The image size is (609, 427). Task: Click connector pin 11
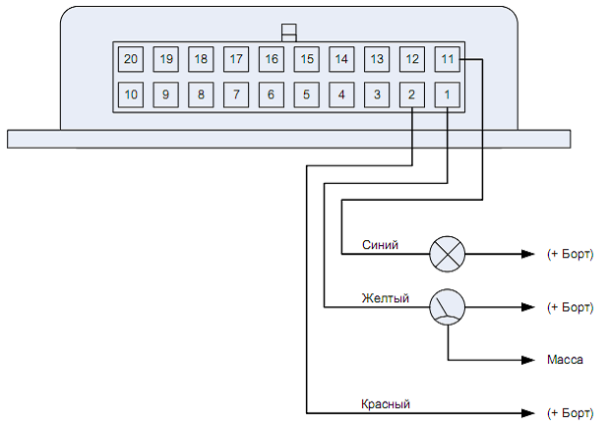tap(448, 59)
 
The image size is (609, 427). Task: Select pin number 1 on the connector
tap(448, 95)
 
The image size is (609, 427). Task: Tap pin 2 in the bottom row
tap(412, 95)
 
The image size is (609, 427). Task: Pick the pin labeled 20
tap(130, 59)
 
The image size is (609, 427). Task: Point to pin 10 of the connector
tap(130, 95)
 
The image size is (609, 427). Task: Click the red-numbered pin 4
tap(341, 95)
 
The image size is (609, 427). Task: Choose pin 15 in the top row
tap(306, 59)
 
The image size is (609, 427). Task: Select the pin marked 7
tap(236, 95)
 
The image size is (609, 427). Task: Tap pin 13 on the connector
tap(377, 59)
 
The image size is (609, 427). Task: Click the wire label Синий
tap(380, 245)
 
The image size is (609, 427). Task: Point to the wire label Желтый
tap(385, 298)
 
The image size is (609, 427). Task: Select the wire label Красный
tap(386, 403)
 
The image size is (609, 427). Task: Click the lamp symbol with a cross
tap(447, 254)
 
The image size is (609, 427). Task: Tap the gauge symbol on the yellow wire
tap(447, 307)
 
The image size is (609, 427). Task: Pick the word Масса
tap(565, 360)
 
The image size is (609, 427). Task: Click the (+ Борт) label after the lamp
tap(571, 254)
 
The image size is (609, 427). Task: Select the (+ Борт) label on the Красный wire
tap(571, 411)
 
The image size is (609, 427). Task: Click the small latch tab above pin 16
tap(288, 31)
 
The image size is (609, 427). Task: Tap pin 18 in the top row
tap(201, 59)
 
